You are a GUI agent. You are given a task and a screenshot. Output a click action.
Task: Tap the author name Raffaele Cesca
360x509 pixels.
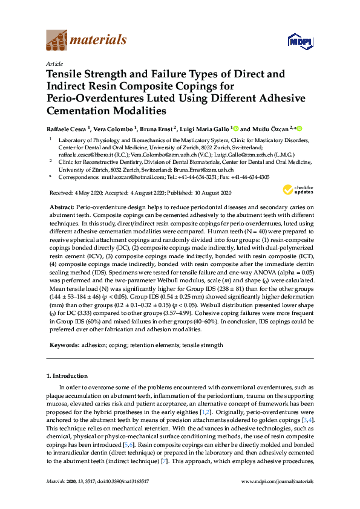point(68,129)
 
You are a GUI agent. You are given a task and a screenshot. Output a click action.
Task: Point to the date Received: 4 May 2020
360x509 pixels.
point(72,193)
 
